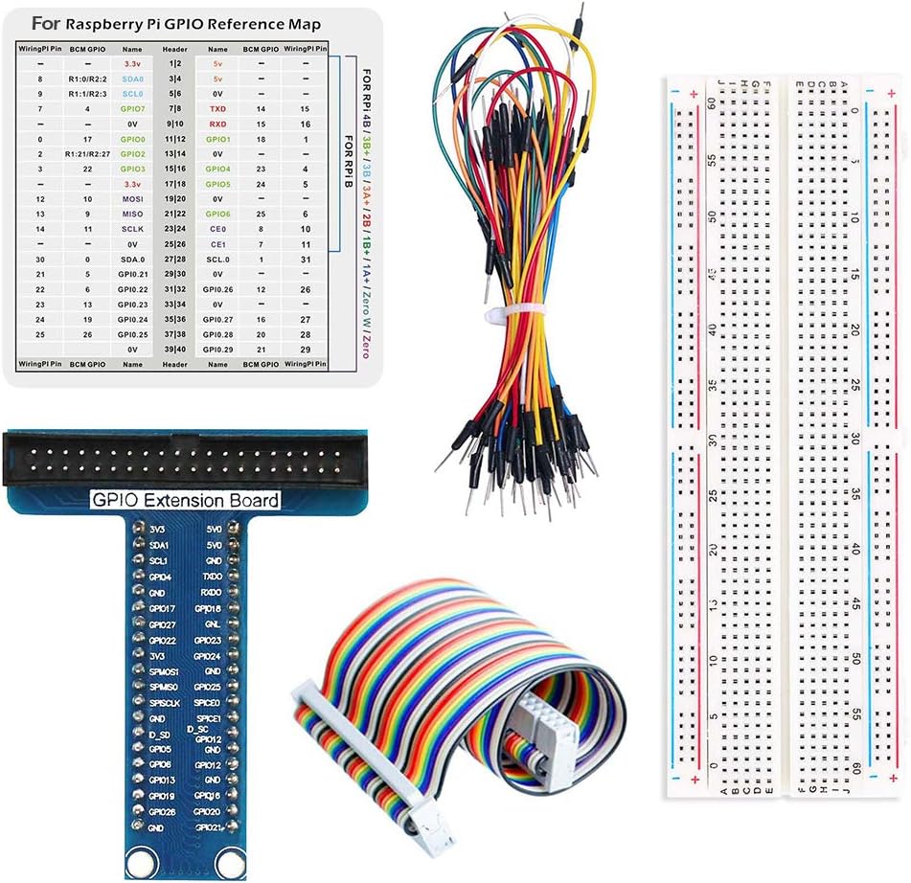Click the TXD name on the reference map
[217, 110]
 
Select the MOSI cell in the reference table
[133, 197]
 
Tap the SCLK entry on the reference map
[133, 229]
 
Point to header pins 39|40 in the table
[175, 350]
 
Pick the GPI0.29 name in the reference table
[217, 350]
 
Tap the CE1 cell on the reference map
[217, 244]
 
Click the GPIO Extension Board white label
[185, 500]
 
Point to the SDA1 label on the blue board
[159, 544]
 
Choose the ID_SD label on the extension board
[159, 734]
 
